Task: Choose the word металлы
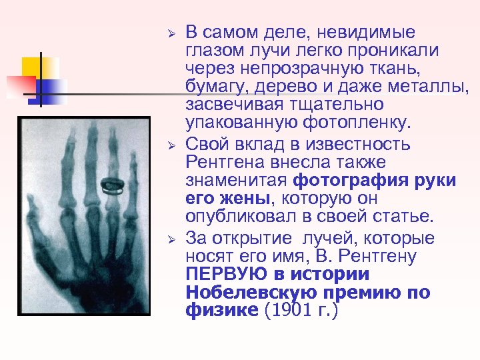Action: (431, 87)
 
